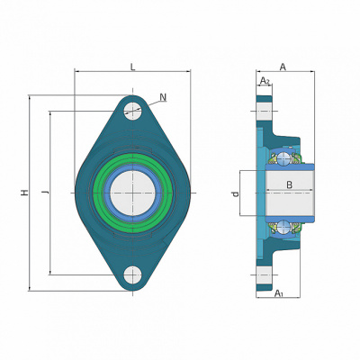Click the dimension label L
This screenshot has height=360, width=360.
tap(133, 67)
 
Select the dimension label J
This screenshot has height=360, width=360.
tap(46, 192)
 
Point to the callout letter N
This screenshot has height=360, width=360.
tap(163, 97)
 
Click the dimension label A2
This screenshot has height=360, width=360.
tap(265, 80)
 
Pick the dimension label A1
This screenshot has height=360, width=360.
tap(279, 292)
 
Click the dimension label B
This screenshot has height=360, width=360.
tap(289, 184)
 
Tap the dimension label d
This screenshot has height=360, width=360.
tap(236, 193)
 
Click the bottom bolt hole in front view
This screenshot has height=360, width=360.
tap(132, 274)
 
